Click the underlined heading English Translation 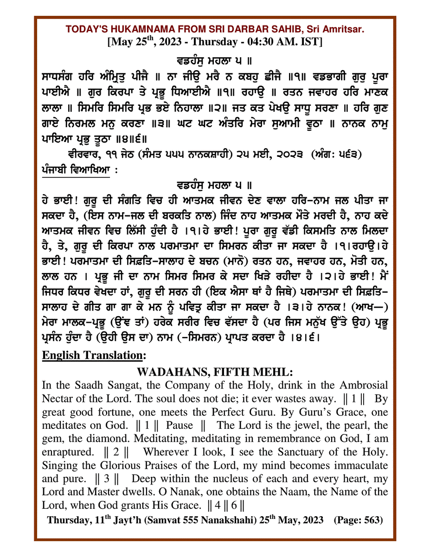tap(94, 356)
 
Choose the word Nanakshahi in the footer tap(231, 520)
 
